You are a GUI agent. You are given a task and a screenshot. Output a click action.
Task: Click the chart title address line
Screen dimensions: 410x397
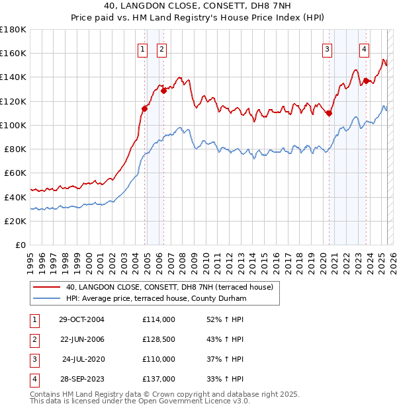pyautogui.click(x=198, y=5)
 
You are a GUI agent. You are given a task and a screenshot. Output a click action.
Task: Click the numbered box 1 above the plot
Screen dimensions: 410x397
pyautogui.click(x=142, y=48)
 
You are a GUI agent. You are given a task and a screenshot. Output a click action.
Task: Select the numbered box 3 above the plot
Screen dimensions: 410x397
pyautogui.click(x=327, y=48)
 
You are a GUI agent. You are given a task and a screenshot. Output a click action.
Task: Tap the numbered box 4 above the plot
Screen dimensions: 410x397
pyautogui.click(x=364, y=48)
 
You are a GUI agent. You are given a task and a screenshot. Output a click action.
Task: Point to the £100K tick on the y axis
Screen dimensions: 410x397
pyautogui.click(x=13, y=125)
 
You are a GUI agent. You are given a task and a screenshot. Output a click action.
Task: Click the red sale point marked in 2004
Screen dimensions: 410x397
pyautogui.click(x=145, y=108)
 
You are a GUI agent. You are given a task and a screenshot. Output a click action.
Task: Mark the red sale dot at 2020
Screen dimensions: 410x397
pyautogui.click(x=329, y=113)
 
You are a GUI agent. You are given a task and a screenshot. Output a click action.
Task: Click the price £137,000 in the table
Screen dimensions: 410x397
pyautogui.click(x=158, y=379)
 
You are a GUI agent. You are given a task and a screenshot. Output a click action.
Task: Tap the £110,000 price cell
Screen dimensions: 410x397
pyautogui.click(x=158, y=359)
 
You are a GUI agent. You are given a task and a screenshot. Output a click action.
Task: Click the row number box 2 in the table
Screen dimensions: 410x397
pyautogui.click(x=34, y=339)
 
